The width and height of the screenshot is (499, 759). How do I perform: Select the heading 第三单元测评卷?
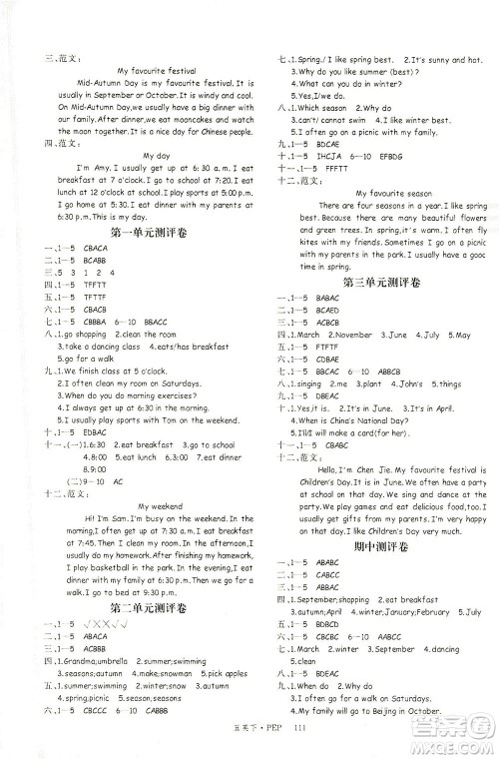point(379,284)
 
